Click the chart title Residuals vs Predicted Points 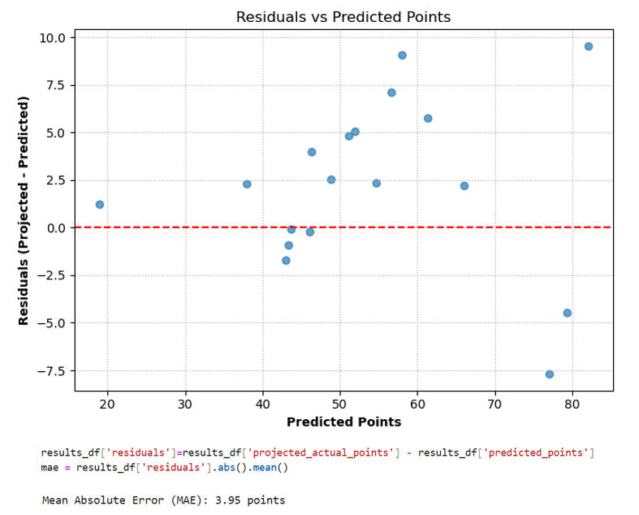tap(343, 17)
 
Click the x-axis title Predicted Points tap(343, 422)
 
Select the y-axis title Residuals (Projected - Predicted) tap(24, 210)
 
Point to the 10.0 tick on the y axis tap(53, 37)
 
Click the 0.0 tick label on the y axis tap(55, 228)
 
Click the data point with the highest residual tap(589, 46)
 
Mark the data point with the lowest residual tap(550, 374)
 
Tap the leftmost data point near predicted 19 tap(100, 205)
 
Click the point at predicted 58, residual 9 tap(402, 55)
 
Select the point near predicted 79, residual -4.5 tap(568, 313)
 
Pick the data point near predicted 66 tap(464, 186)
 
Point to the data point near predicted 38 tap(247, 184)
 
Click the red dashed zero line tap(203, 227)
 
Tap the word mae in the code tap(50, 468)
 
